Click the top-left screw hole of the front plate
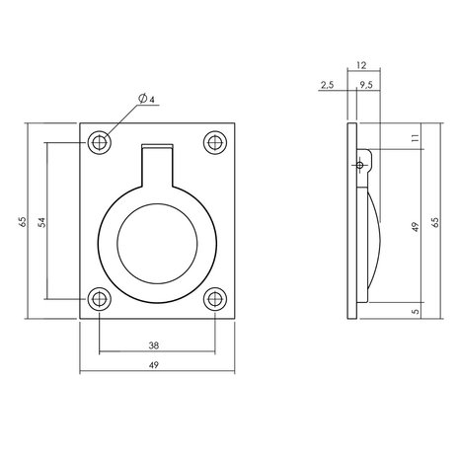(x=99, y=142)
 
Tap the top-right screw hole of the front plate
(x=214, y=142)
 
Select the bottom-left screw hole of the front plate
(x=99, y=298)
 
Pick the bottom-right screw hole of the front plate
(x=214, y=298)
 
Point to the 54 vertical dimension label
(x=40, y=221)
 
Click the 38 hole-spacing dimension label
(x=157, y=346)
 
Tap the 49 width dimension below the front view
(x=157, y=364)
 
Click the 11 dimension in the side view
(x=414, y=141)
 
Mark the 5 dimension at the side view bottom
(x=415, y=310)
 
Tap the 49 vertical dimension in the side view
(x=415, y=227)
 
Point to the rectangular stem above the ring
(x=156, y=163)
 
